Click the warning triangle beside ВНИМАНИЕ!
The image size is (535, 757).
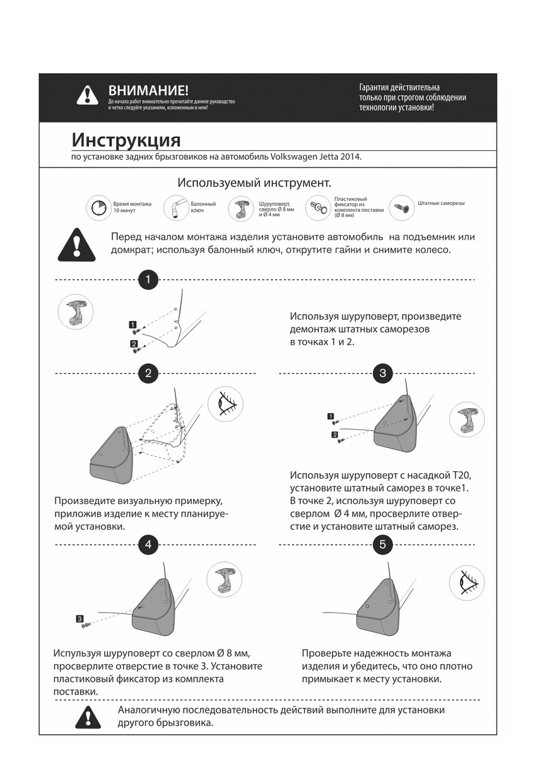tap(87, 95)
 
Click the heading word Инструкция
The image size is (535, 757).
tap(126, 139)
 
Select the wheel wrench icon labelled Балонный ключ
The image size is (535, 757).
tap(176, 208)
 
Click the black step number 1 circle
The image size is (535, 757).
tap(148, 279)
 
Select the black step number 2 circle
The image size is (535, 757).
tap(148, 373)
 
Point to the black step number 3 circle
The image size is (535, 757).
tap(383, 373)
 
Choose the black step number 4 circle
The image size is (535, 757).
tap(148, 544)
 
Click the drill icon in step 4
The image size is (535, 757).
tap(225, 580)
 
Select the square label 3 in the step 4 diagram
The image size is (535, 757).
tap(79, 618)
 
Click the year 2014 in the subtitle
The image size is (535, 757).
tap(351, 156)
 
